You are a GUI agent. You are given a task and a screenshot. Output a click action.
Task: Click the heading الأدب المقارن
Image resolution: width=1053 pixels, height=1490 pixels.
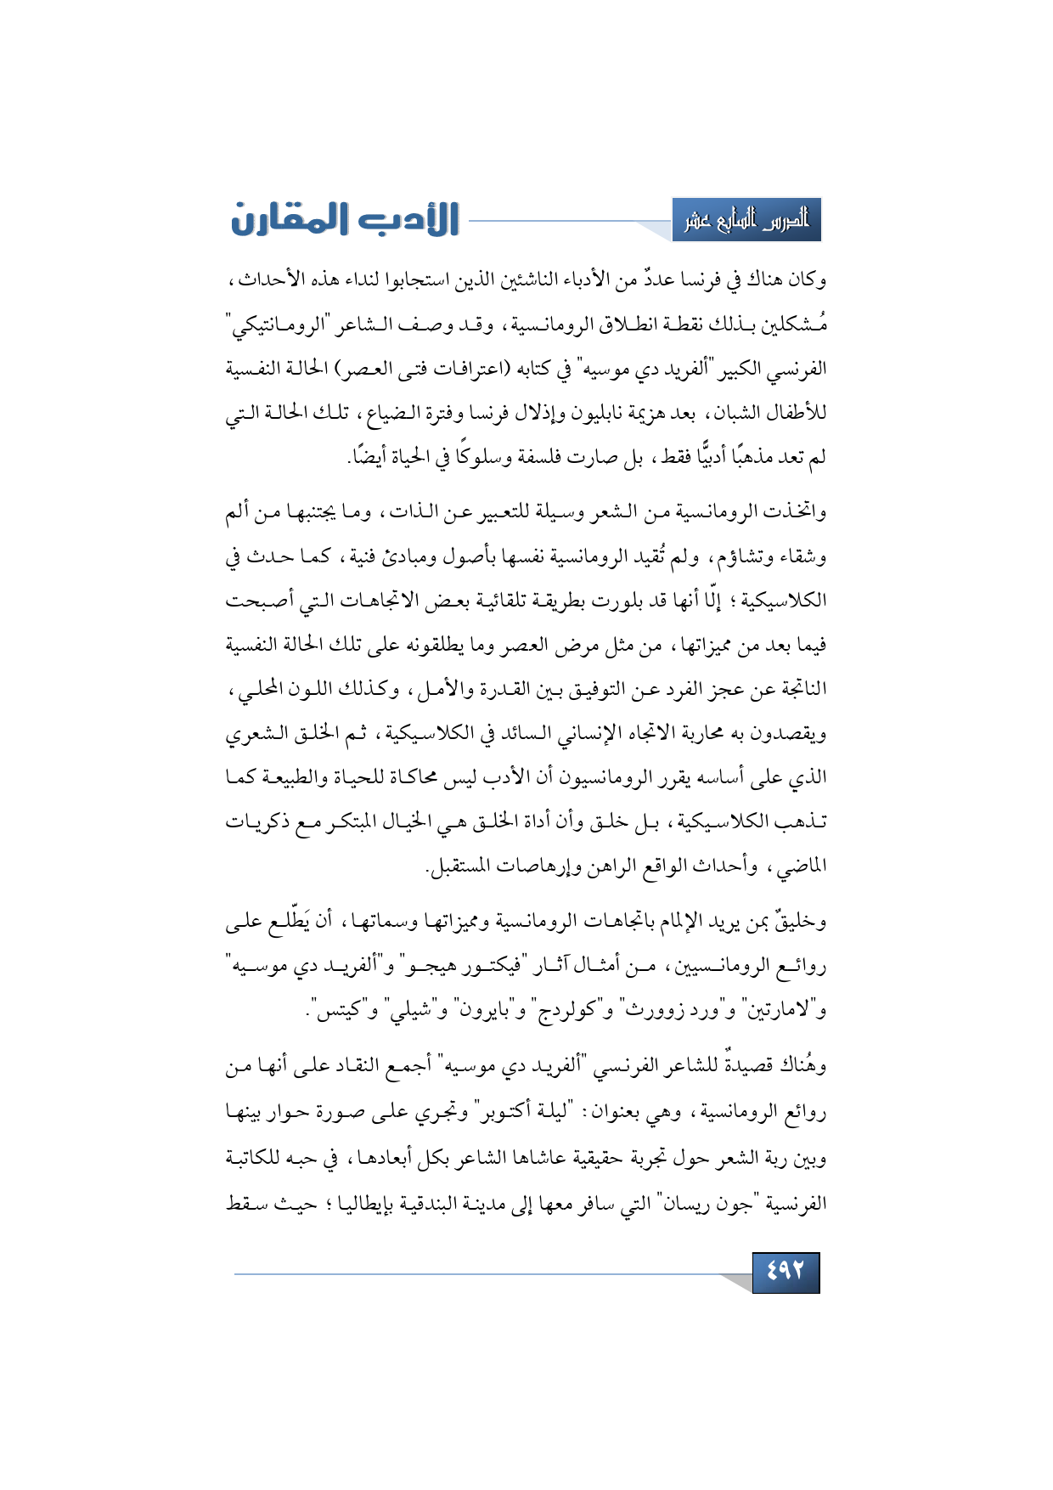pos(345,219)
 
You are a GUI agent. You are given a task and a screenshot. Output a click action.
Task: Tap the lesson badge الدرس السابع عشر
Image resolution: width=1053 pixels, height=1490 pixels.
pos(746,220)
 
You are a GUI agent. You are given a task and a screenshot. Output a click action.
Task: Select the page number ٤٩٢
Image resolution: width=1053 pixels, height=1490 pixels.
pos(786,1272)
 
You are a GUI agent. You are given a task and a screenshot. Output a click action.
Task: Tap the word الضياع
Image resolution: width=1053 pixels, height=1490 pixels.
pos(390,414)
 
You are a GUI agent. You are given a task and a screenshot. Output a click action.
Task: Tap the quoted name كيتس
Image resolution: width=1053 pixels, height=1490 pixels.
pos(340,1012)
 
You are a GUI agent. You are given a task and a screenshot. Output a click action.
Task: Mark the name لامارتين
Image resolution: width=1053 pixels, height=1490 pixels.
pos(782,1012)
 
